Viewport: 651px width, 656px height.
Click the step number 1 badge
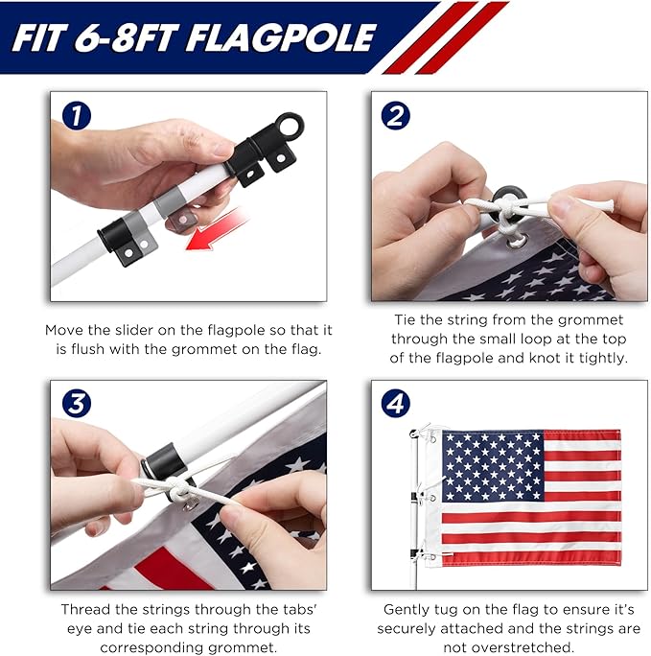pyautogui.click(x=77, y=116)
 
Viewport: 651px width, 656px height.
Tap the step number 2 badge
pyautogui.click(x=396, y=115)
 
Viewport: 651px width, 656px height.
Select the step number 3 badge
pyautogui.click(x=77, y=404)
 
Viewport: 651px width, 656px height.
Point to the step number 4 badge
pyautogui.click(x=396, y=404)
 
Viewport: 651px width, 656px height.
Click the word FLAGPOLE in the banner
pyautogui.click(x=281, y=38)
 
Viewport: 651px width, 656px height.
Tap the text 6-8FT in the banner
pyautogui.click(x=125, y=38)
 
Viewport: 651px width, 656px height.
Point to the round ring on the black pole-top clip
pyautogui.click(x=289, y=126)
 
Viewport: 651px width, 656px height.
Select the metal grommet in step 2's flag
pyautogui.click(x=517, y=242)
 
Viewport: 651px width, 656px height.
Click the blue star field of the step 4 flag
pyautogui.click(x=493, y=466)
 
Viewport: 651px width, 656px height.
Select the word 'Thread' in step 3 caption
pyautogui.click(x=85, y=610)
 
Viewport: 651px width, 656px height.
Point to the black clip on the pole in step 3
pyautogui.click(x=165, y=462)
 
